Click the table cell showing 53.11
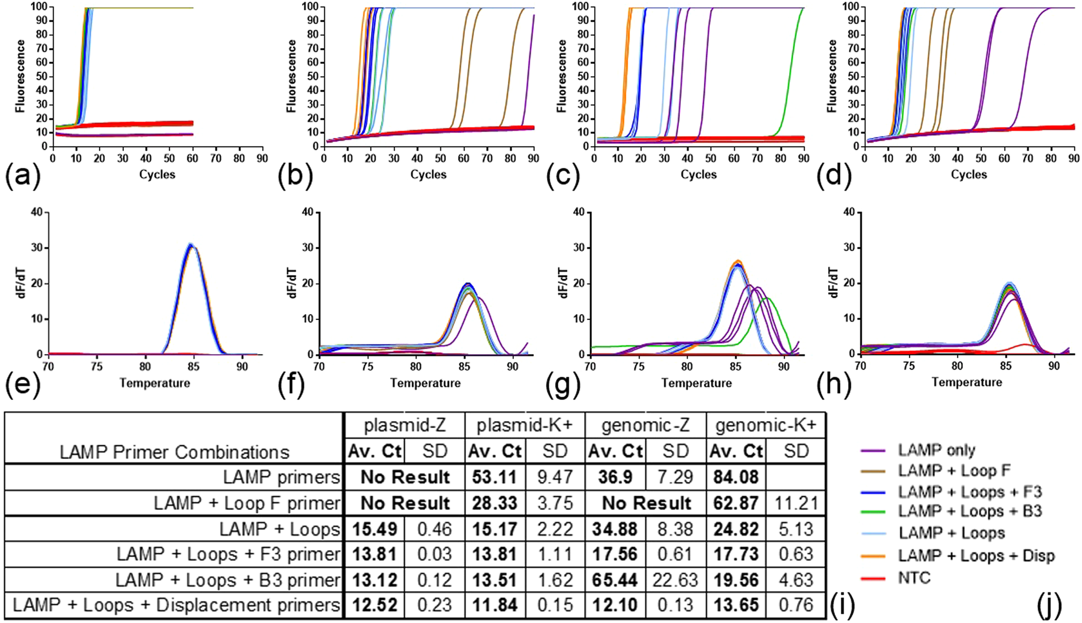pos(494,477)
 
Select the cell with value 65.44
pos(615,580)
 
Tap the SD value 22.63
pos(676,580)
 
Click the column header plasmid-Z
pos(405,425)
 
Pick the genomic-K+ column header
pos(766,425)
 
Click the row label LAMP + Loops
pos(280,529)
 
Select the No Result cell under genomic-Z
pos(646,503)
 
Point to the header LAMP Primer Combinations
pos(174,452)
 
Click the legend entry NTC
pos(914,578)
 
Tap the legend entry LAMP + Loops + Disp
pos(976,556)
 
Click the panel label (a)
pos(22,177)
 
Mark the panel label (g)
pos(563,385)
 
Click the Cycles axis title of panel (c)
pos(698,174)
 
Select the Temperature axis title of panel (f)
pos(425,383)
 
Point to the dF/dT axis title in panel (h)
pos(834,282)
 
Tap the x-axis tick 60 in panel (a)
pos(193,158)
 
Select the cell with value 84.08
pos(736,477)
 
